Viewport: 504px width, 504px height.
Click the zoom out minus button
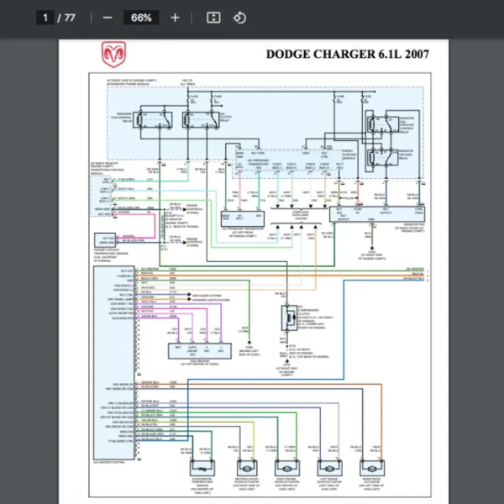coord(107,18)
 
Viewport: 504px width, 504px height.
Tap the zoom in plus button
coord(175,18)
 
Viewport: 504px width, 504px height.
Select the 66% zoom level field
coord(140,18)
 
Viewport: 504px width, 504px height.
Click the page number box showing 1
coord(44,18)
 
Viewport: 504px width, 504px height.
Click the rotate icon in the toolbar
coord(239,18)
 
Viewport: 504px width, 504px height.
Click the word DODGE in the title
coord(288,55)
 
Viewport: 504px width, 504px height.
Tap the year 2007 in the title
coord(416,55)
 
